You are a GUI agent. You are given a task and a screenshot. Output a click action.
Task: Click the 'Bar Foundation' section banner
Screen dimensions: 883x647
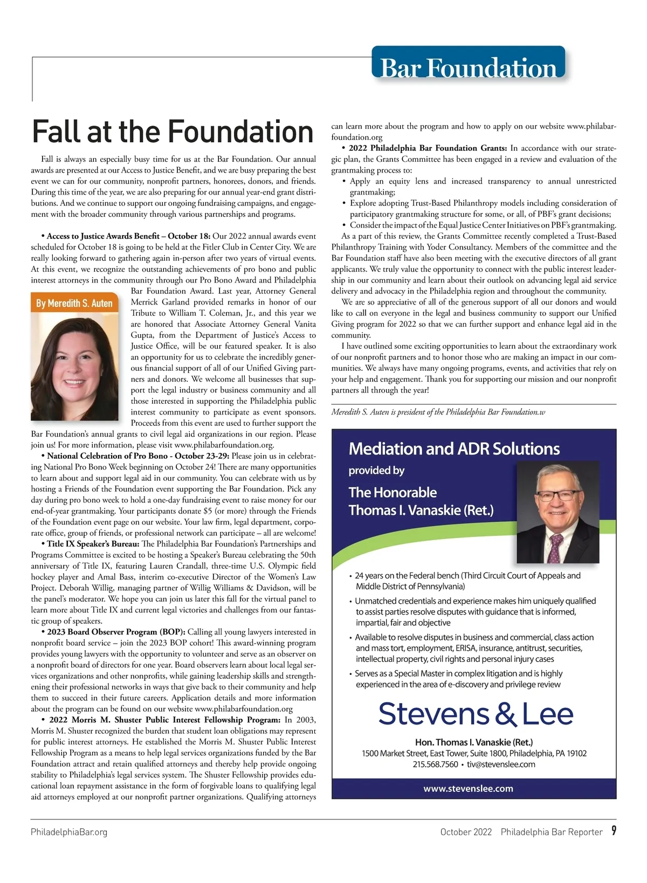pos(468,67)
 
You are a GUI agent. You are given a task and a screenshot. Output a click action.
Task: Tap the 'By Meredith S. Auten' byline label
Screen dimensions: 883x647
pos(74,303)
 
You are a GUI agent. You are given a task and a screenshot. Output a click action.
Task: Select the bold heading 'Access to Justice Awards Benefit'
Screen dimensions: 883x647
pos(102,236)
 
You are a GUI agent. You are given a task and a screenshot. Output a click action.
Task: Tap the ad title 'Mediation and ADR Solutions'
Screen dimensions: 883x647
pos(454,449)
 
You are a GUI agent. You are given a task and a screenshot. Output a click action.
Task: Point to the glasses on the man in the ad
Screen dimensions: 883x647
pos(558,495)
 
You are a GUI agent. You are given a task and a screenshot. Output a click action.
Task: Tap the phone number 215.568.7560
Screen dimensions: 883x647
pos(435,764)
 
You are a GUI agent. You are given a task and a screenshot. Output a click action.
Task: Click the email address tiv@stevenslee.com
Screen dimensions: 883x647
pos(501,764)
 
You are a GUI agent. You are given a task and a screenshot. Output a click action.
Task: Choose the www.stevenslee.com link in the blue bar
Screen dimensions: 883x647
pos(468,789)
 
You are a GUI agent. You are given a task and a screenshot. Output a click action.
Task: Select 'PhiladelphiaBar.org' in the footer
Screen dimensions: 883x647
pos(69,832)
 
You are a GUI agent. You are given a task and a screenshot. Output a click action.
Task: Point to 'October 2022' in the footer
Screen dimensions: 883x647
pos(466,832)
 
